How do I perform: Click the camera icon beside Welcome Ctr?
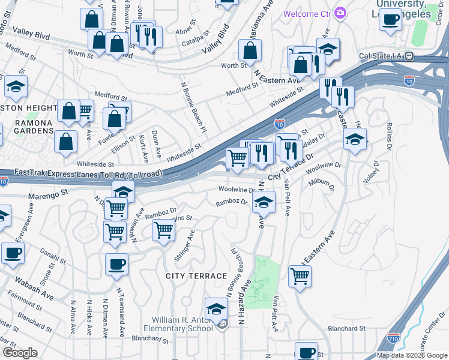point(340,13)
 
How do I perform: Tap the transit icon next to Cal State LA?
point(409,56)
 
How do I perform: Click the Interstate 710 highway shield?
point(394,339)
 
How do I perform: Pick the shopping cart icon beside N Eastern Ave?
point(299,277)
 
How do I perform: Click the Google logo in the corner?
point(20,353)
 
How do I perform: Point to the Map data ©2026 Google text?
point(412,355)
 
